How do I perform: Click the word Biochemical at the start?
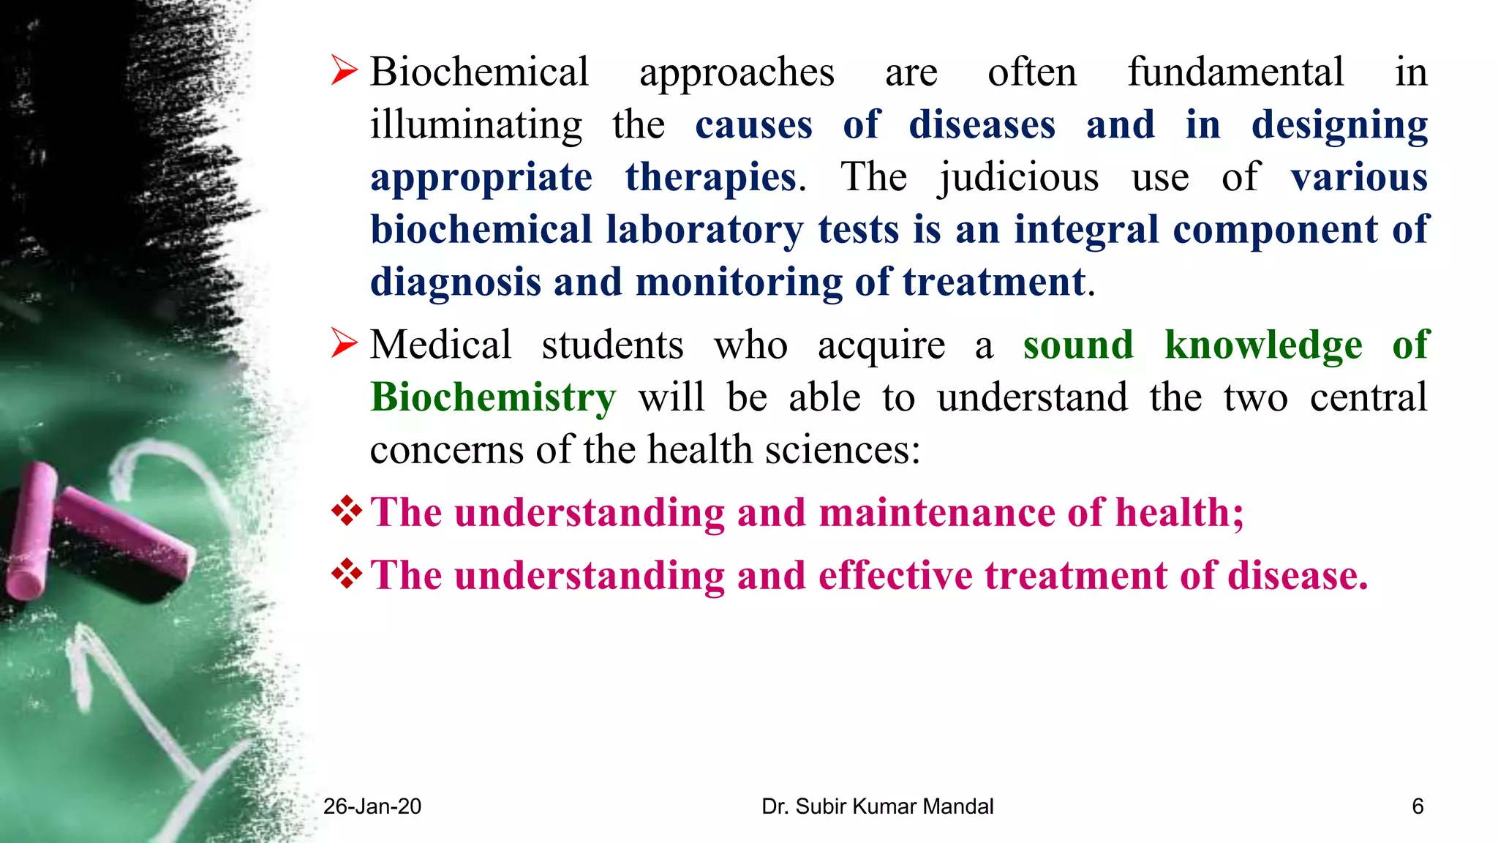(479, 72)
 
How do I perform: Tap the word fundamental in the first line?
(1235, 72)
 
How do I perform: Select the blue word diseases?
(982, 125)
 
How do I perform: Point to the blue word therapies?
(710, 178)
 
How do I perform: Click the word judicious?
(1018, 178)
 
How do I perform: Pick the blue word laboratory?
(704, 230)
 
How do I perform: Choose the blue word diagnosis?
(455, 282)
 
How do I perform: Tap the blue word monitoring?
(739, 282)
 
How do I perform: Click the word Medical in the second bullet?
(440, 345)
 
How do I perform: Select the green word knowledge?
(1263, 345)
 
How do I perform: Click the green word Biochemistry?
(493, 397)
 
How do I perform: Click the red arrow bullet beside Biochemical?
(344, 71)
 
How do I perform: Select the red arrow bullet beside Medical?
(344, 343)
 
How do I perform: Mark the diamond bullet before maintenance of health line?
(347, 511)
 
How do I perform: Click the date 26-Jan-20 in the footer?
(372, 806)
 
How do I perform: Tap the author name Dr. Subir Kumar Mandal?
(877, 806)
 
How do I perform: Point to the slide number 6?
(1418, 806)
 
